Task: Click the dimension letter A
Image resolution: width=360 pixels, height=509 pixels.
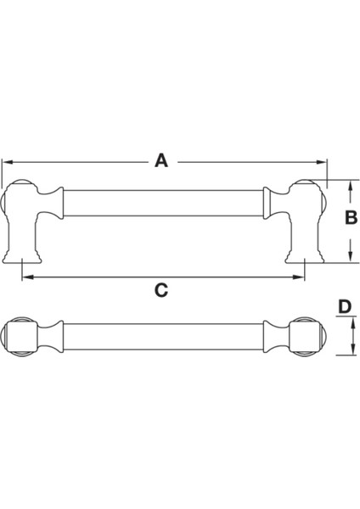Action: tap(161, 159)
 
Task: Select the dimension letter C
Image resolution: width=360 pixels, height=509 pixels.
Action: tap(161, 289)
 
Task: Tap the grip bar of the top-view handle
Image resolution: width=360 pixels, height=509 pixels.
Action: tap(161, 338)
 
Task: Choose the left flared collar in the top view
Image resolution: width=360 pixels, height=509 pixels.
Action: tap(54, 338)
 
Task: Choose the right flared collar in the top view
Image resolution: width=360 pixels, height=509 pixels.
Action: tap(273, 338)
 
